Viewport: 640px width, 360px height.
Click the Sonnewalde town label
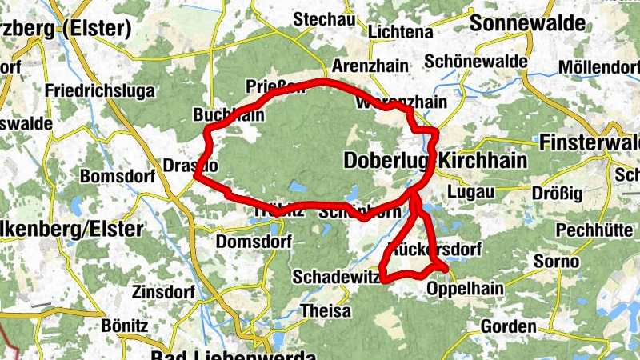coord(527,23)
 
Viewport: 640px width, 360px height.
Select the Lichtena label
coord(401,32)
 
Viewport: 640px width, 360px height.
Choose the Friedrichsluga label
coord(100,91)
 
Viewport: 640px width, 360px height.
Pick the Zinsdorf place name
coord(163,292)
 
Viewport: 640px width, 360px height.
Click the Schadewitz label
coord(333,277)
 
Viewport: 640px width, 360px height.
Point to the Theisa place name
coord(326,310)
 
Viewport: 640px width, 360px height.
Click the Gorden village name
coord(508,326)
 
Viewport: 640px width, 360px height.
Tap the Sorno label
coord(557,262)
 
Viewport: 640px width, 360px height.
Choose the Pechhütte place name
coord(593,229)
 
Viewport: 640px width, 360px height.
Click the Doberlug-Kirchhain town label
coord(435,161)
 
